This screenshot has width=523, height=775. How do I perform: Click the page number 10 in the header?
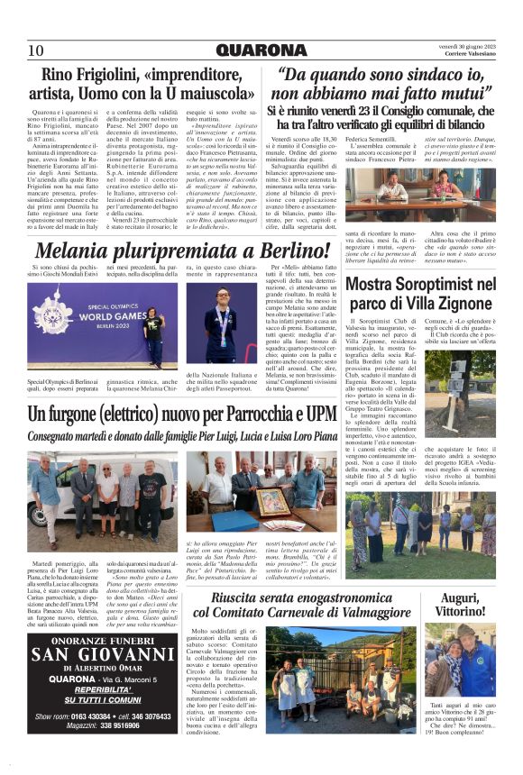click(x=35, y=50)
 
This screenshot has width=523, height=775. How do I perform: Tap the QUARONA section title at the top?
click(x=261, y=50)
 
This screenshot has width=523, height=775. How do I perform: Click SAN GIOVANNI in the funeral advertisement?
click(x=103, y=653)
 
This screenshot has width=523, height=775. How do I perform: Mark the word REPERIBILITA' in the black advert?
click(x=103, y=689)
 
